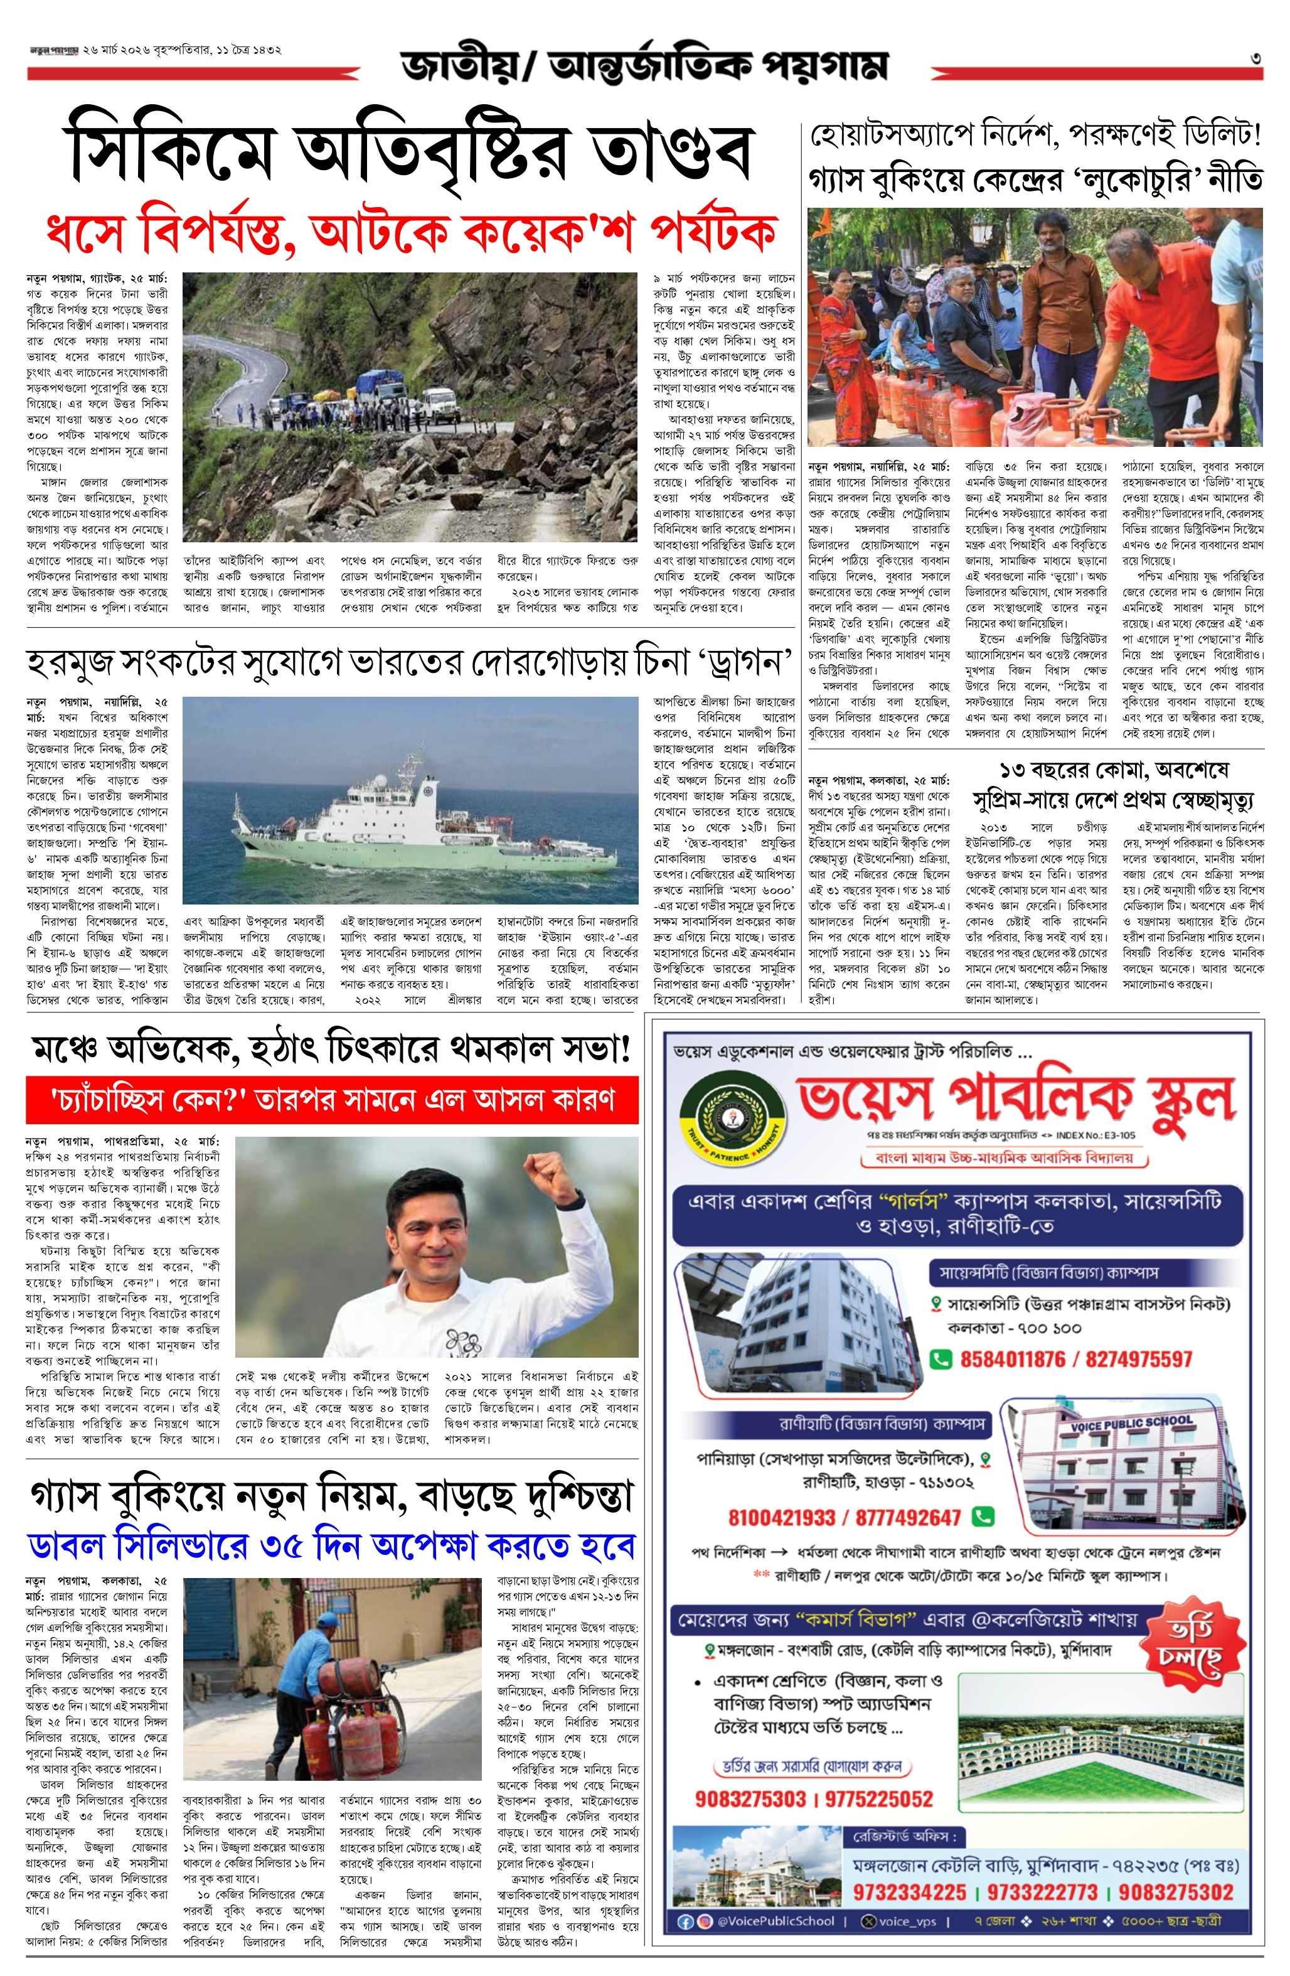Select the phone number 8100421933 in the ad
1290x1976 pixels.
781,1518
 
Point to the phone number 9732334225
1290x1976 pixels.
909,1892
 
